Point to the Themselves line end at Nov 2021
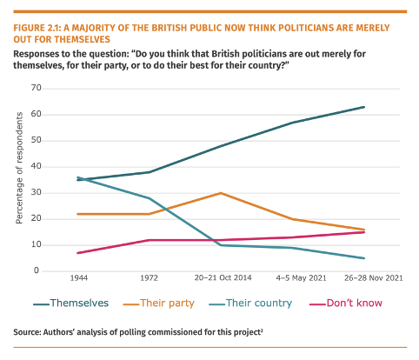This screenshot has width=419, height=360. (363, 107)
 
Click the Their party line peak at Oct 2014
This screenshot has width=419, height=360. (221, 193)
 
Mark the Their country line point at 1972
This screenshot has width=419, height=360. (150, 198)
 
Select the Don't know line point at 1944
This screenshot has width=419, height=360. (78, 253)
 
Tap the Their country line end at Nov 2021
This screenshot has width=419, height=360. (363, 258)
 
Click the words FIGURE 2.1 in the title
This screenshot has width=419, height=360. (41, 26)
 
